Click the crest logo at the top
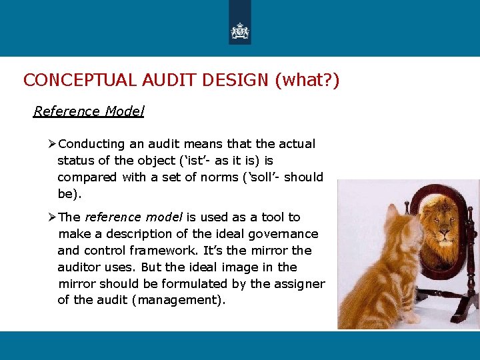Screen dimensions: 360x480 point(240,31)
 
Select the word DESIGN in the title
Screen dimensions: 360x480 point(233,81)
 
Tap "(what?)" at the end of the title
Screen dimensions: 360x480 point(307,81)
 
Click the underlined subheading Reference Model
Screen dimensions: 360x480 point(89,111)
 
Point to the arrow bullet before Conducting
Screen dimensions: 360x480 point(53,144)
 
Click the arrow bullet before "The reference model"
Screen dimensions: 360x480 point(53,217)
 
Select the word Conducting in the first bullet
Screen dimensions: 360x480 point(91,144)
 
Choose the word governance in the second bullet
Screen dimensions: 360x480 point(283,234)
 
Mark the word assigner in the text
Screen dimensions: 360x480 point(299,284)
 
